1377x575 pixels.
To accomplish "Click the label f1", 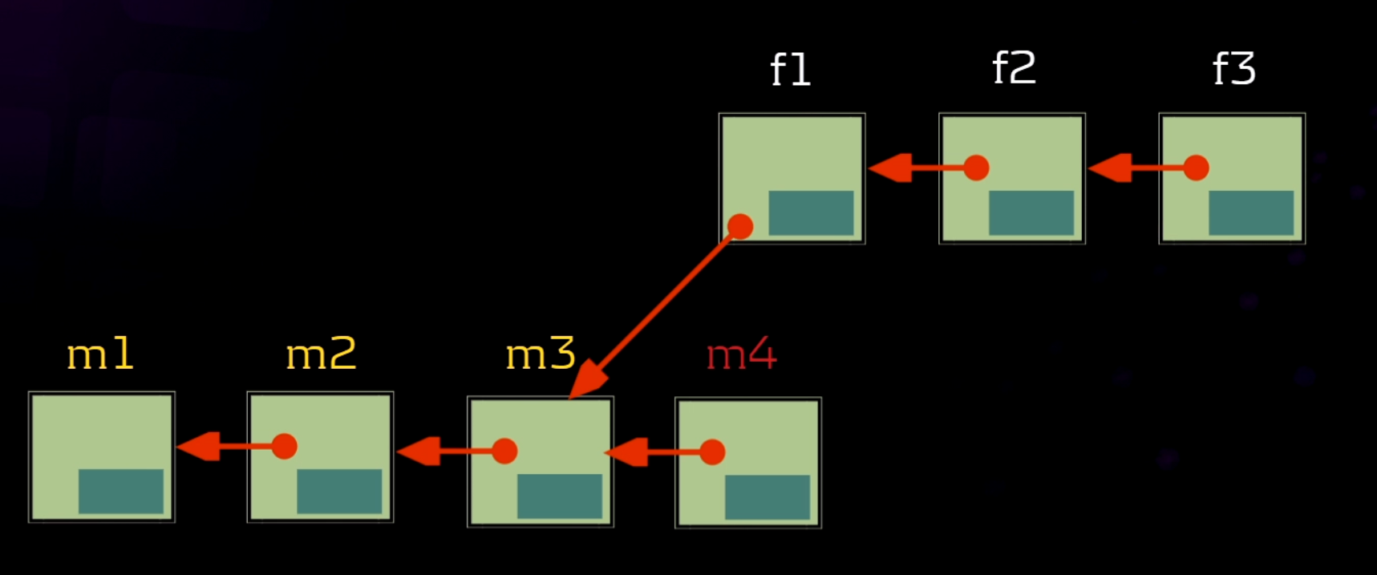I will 790,70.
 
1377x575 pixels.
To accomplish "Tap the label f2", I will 1014,68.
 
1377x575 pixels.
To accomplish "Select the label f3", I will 1233,68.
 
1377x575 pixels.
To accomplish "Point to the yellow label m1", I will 100,354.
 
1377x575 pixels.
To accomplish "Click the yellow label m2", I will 321,354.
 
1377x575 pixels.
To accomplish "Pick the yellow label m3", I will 541,354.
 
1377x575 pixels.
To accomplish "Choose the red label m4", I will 741,354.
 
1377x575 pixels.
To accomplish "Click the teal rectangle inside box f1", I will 811,213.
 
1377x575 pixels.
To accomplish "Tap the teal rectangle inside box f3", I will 1251,213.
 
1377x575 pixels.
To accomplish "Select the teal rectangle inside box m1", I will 121,491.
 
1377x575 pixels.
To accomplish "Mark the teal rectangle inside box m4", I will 767,497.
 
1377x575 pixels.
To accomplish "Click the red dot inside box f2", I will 976,168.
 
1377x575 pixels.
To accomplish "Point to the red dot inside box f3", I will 1196,168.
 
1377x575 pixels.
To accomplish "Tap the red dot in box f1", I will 740,227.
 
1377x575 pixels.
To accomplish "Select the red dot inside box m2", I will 284,447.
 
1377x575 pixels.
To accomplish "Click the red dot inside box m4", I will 712,452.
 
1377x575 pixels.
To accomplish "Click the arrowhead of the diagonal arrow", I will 587,379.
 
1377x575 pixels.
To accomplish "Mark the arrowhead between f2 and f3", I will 1110,168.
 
